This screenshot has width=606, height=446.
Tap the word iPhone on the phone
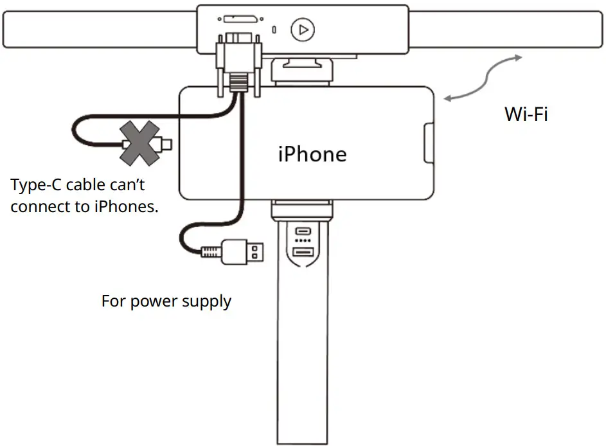tap(312, 154)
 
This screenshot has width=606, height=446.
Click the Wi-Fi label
tap(526, 114)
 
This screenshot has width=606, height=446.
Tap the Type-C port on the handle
tap(302, 231)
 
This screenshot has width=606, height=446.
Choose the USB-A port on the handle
tap(302, 253)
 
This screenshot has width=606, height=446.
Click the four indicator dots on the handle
tap(302, 241)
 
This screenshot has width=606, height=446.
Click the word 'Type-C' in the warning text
tap(36, 186)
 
